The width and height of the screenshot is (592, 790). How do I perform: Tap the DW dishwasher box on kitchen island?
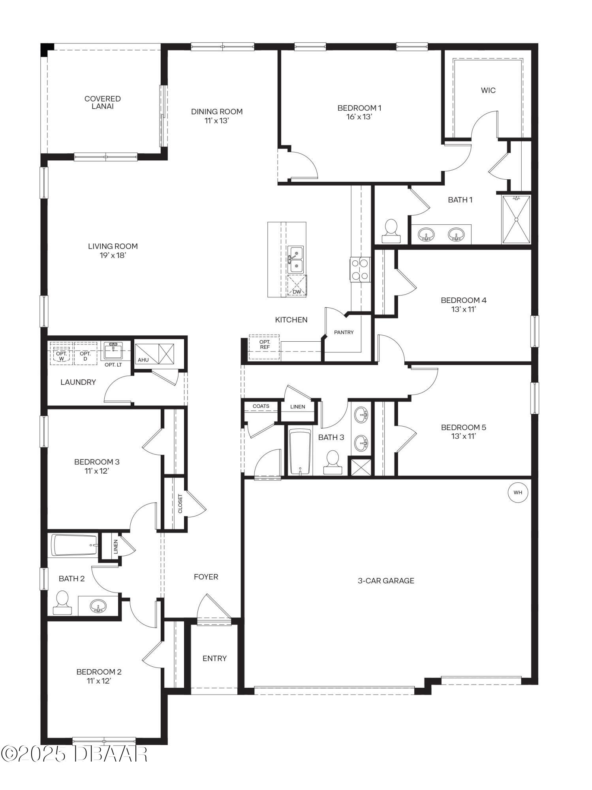[x=297, y=286]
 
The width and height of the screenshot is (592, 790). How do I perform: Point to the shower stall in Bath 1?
[x=516, y=220]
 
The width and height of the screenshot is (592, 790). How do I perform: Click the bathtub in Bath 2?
[x=74, y=545]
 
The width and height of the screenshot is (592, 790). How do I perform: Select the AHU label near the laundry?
[x=143, y=360]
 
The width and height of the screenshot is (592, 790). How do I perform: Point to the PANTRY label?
[x=344, y=332]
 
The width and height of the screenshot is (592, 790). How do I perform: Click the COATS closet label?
[x=261, y=406]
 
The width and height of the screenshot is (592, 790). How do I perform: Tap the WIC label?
[x=488, y=90]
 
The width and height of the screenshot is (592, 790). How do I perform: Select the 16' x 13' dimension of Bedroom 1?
[x=359, y=117]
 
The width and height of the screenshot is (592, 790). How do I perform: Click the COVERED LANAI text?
[x=102, y=102]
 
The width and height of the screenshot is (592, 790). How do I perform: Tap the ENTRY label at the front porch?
[x=214, y=658]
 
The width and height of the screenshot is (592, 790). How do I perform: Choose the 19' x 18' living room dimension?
[x=113, y=255]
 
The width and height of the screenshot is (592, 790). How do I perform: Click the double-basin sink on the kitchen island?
[x=295, y=260]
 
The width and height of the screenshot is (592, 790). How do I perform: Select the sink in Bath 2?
[x=98, y=606]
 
